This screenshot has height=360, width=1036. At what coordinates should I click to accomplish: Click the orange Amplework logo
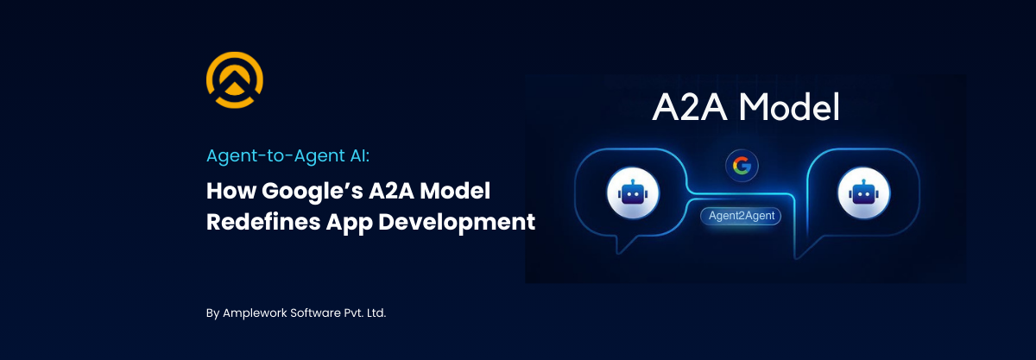pyautogui.click(x=235, y=81)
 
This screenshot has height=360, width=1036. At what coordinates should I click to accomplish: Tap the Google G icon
pyautogui.click(x=739, y=165)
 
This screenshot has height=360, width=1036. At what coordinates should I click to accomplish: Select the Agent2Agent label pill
pyautogui.click(x=741, y=216)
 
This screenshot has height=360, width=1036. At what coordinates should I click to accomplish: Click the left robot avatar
pyautogui.click(x=633, y=194)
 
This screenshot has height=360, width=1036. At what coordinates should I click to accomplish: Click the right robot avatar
pyautogui.click(x=864, y=194)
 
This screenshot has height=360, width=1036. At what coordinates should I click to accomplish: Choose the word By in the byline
pyautogui.click(x=213, y=313)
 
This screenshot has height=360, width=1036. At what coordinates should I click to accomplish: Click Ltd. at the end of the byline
pyautogui.click(x=376, y=313)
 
